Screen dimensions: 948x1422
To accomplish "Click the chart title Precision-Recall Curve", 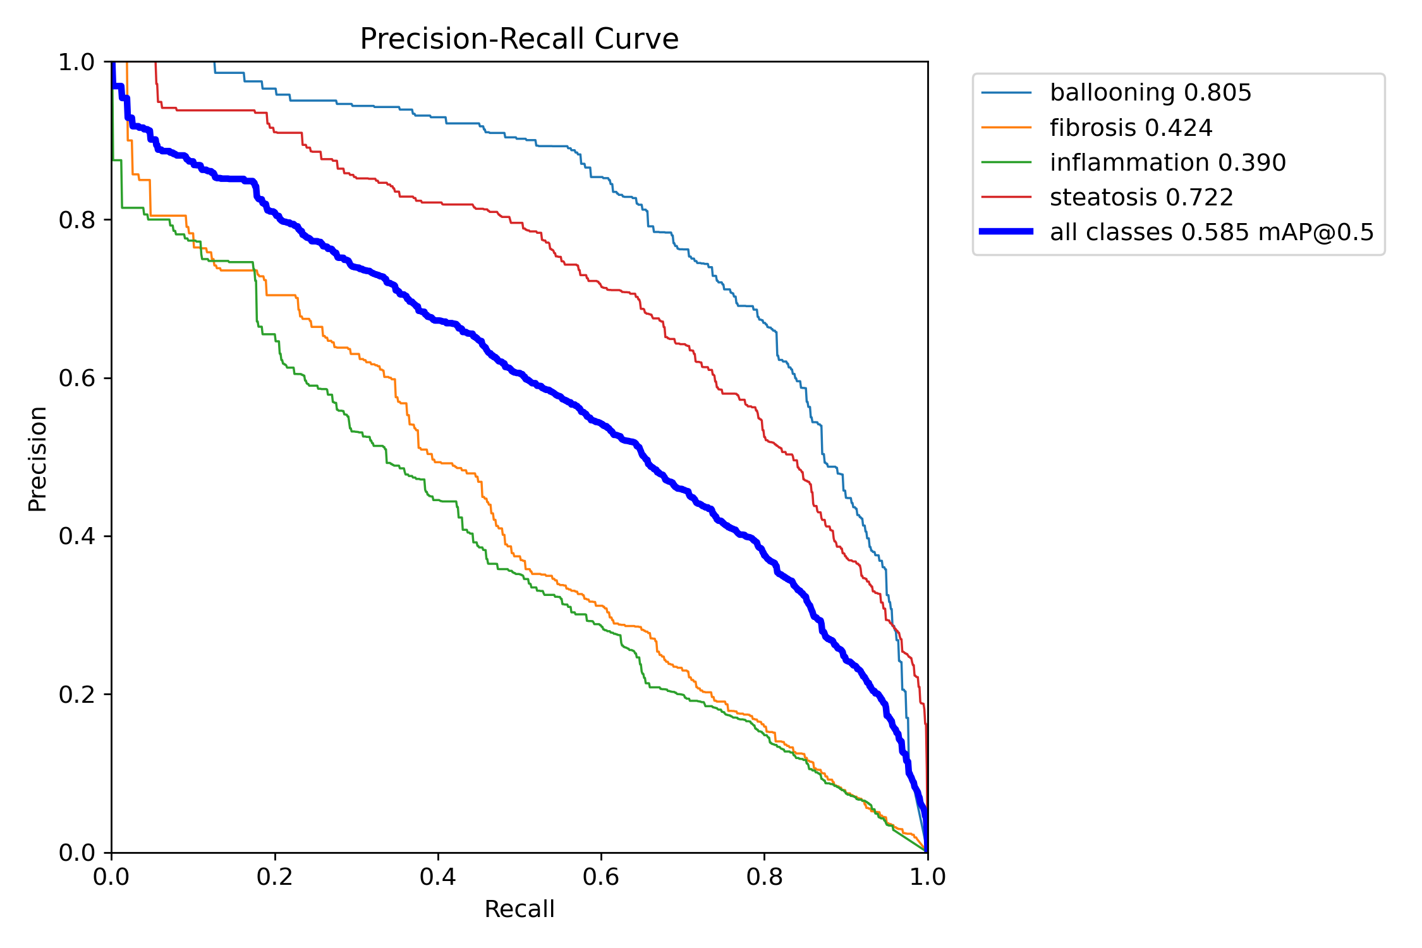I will click(x=519, y=39).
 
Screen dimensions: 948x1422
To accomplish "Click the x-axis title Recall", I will click(x=519, y=909).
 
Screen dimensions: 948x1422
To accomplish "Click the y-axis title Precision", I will click(x=37, y=458).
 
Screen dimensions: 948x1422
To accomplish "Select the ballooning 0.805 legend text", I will click(x=1150, y=93).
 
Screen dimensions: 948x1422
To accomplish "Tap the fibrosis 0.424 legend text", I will click(x=1131, y=128).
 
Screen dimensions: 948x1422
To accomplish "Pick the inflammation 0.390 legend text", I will click(x=1167, y=162).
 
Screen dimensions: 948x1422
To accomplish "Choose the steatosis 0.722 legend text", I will click(x=1141, y=197).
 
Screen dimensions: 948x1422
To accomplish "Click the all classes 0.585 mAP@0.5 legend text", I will click(x=1212, y=232).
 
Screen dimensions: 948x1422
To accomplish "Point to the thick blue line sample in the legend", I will click(x=1006, y=232).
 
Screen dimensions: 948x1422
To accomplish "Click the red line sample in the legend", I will click(x=1006, y=197).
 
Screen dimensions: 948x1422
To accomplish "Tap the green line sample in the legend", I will click(x=1006, y=162).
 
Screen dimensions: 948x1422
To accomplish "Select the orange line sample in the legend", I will click(x=1006, y=128).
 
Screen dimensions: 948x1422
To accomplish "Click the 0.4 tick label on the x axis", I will click(x=438, y=877).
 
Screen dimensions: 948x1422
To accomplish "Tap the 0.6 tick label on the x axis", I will click(x=601, y=877).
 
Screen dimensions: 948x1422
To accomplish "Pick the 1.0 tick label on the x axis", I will click(x=927, y=877).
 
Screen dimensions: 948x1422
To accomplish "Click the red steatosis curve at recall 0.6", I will click(x=601, y=288).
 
